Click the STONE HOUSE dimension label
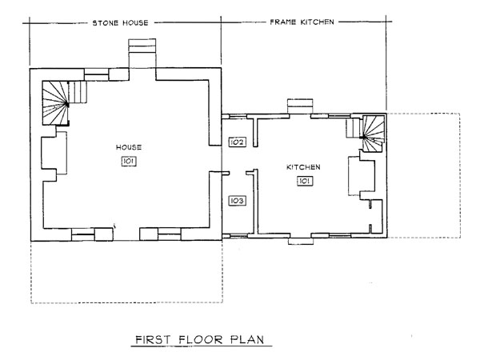(x=120, y=23)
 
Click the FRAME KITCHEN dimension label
(x=302, y=22)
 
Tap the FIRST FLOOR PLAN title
(x=199, y=340)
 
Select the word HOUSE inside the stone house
(x=129, y=147)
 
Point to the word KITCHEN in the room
(x=303, y=167)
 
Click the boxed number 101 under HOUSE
(x=129, y=162)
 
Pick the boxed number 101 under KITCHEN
(x=305, y=182)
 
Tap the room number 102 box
(x=237, y=142)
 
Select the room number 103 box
(x=237, y=201)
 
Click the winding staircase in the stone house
(x=55, y=103)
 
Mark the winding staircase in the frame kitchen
(x=373, y=133)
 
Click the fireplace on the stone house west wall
(x=54, y=153)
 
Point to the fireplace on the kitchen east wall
(x=362, y=176)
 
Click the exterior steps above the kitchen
(x=300, y=106)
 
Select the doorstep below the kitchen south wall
(x=301, y=241)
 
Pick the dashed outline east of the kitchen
(x=460, y=175)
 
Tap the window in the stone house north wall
(x=97, y=74)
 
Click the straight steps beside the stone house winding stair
(x=78, y=92)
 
